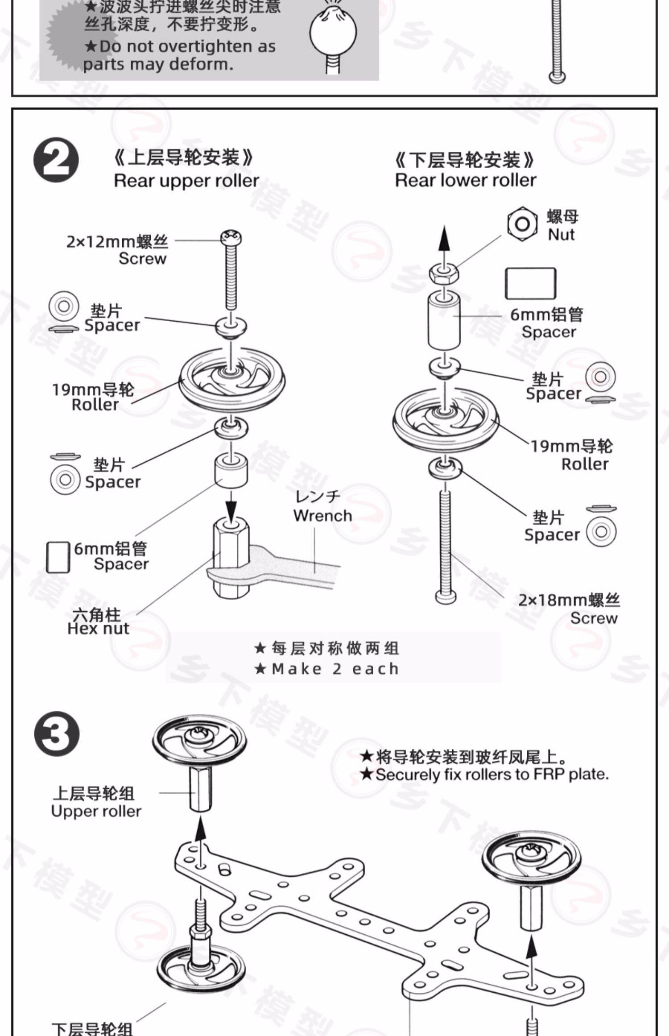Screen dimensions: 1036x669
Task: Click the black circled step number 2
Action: (56, 160)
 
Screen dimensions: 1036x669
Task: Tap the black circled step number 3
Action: (56, 734)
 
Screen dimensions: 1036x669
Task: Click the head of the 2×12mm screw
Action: (231, 236)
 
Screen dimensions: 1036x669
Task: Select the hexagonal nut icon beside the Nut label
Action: (522, 224)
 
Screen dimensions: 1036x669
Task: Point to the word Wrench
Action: (322, 516)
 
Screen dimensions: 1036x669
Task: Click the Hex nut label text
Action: (98, 628)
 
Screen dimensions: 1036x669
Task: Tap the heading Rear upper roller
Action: (186, 181)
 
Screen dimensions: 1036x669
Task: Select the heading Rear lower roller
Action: (465, 180)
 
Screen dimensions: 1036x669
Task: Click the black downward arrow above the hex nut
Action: (231, 506)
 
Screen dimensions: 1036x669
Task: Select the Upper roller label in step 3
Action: (96, 811)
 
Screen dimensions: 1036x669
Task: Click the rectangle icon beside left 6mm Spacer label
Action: (58, 557)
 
